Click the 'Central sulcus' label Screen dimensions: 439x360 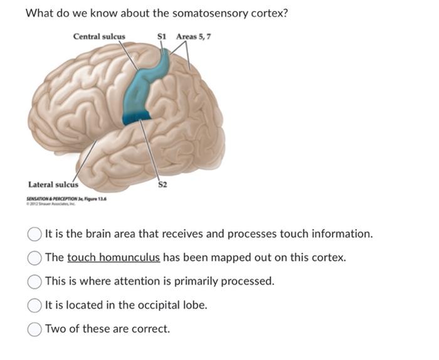(98, 36)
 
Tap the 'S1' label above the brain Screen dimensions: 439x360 (162, 36)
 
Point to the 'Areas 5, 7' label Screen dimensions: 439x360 (193, 36)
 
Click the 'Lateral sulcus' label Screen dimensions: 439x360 (53, 184)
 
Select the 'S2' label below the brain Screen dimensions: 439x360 (162, 185)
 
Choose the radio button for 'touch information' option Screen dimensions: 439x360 (35, 234)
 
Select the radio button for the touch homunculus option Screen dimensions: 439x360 (35, 258)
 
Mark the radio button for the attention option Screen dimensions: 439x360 (35, 282)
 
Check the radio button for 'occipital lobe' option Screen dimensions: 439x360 (35, 305)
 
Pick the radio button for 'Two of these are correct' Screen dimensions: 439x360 (35, 329)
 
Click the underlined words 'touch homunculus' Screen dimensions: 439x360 (114, 258)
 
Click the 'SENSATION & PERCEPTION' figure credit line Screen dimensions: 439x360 (66, 198)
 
